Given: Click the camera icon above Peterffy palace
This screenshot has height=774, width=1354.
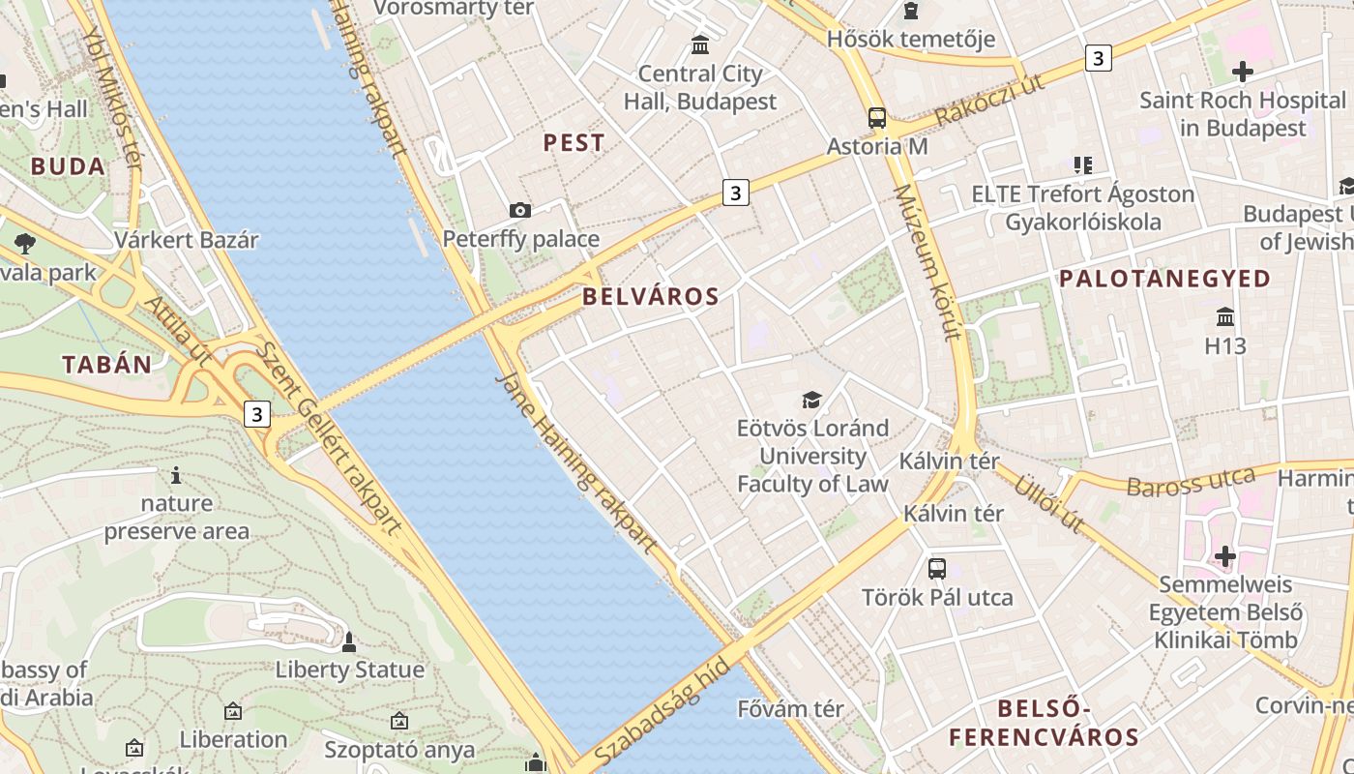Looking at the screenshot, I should tap(520, 210).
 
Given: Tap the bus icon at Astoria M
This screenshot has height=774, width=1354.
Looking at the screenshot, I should tap(877, 118).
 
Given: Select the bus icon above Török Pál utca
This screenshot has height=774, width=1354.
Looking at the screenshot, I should tap(936, 568).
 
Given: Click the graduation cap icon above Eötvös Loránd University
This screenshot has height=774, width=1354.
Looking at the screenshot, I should tap(811, 400).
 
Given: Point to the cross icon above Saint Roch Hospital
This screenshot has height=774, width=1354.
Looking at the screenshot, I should tap(1243, 72).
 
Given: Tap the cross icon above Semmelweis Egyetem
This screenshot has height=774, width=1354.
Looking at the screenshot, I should tap(1225, 556).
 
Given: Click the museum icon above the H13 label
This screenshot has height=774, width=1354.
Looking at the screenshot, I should tap(1225, 316).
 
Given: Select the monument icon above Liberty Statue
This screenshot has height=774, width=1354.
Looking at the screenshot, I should tap(349, 641).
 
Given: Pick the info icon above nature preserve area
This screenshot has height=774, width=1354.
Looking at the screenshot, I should tap(176, 475).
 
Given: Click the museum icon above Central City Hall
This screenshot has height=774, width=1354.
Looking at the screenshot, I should tap(700, 45).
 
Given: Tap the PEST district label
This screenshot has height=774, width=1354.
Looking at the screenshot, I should tap(574, 143).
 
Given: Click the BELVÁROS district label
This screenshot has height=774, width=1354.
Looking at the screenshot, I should tap(651, 297).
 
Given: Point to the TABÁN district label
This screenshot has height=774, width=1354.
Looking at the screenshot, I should tap(107, 365).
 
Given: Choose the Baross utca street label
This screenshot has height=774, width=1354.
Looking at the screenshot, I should tap(1191, 482).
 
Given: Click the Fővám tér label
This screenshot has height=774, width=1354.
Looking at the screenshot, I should tap(790, 709).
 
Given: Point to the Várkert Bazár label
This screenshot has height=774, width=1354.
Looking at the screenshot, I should tap(187, 240).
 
